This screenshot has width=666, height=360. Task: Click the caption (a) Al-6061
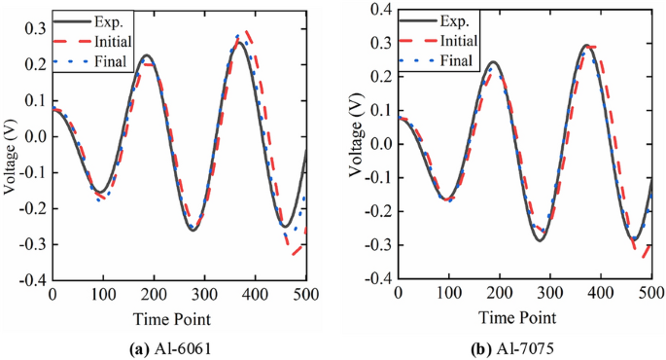click(x=179, y=344)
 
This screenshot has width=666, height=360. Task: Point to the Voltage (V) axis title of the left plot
click(x=10, y=145)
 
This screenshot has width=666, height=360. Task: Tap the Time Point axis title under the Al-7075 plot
click(x=524, y=317)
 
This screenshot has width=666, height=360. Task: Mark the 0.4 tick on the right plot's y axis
click(x=381, y=9)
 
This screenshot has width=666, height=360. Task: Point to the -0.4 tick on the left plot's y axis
click(x=32, y=280)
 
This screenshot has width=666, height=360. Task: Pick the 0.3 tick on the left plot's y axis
click(x=35, y=28)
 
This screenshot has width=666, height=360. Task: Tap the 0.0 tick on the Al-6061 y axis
click(x=35, y=136)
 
